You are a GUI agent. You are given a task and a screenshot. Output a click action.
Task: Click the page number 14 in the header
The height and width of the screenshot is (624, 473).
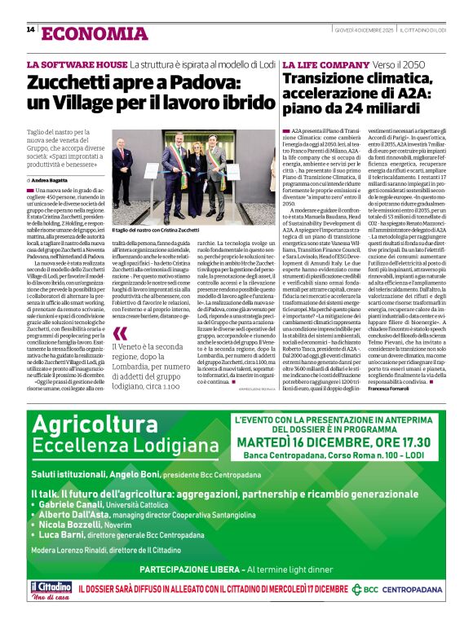pyautogui.click(x=30, y=29)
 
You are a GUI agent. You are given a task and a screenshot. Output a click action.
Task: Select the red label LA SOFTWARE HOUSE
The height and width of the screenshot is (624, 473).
pyautogui.click(x=77, y=64)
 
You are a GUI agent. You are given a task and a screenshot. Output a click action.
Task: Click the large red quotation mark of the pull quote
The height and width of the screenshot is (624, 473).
pyautogui.click(x=120, y=332)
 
